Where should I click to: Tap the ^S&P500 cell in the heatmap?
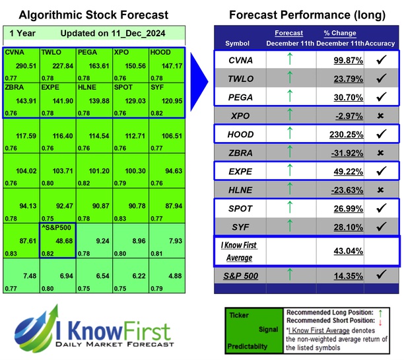(55, 228)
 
